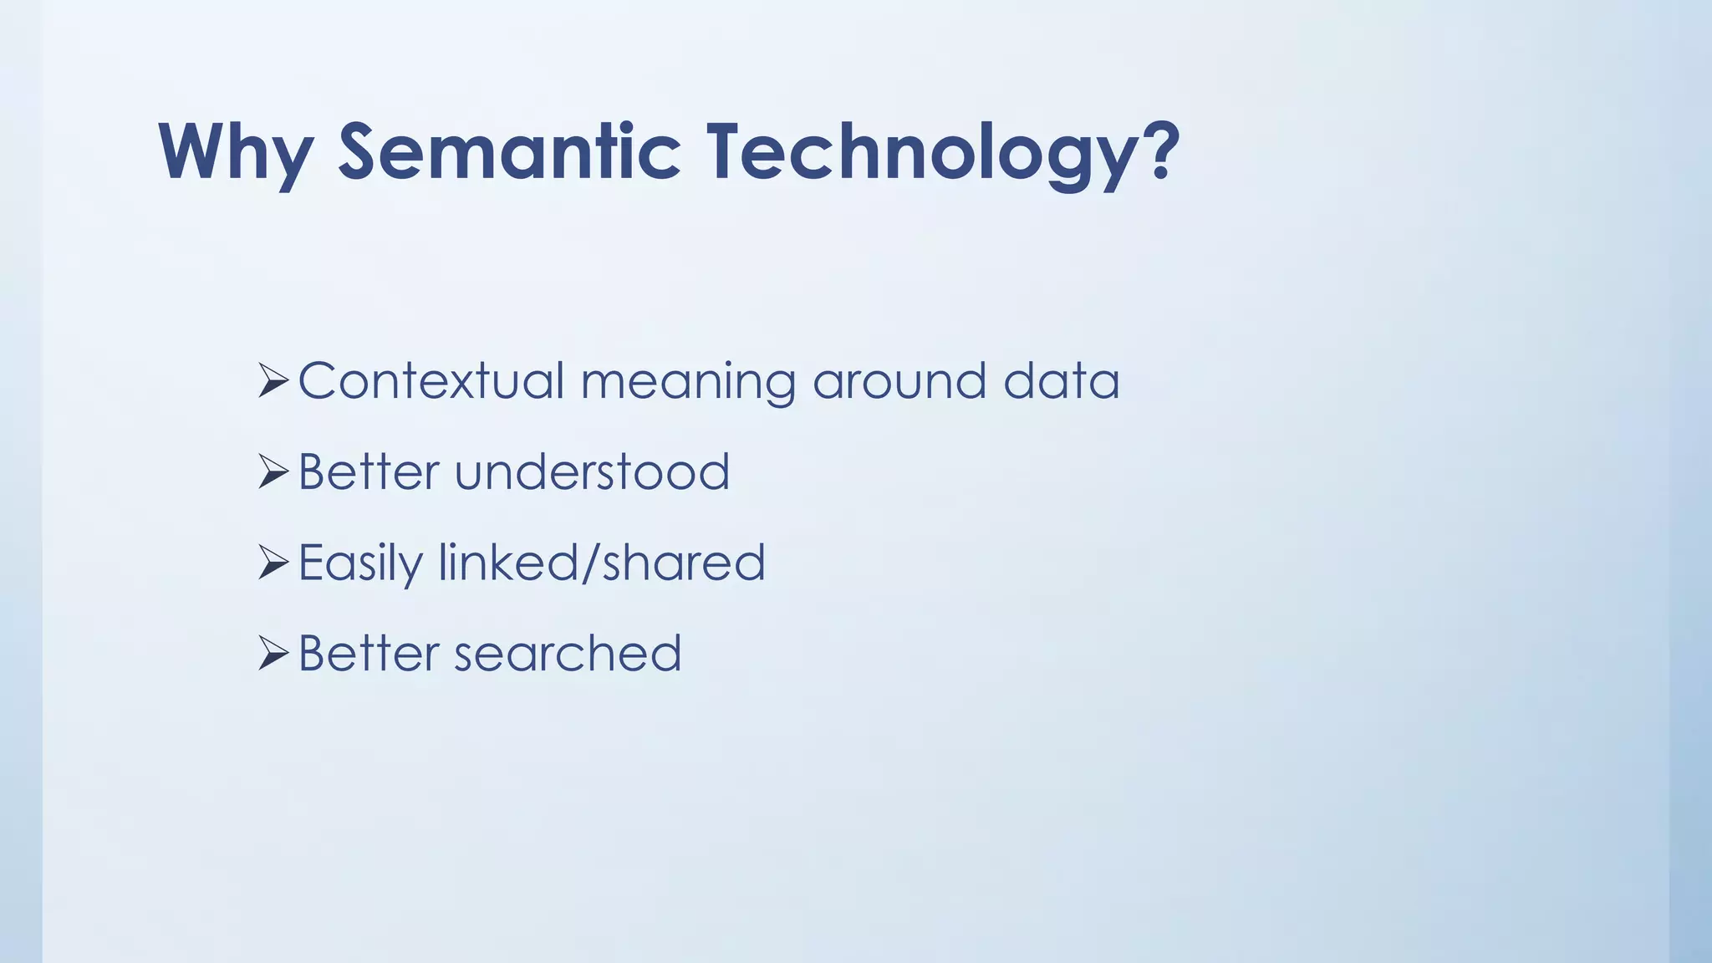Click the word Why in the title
[x=236, y=152]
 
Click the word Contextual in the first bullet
[x=431, y=381]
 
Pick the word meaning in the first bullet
[x=688, y=383]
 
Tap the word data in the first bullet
[x=1061, y=381]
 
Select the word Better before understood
[x=369, y=471]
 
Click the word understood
[x=592, y=471]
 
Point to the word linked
[x=508, y=562]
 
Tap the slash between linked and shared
[x=590, y=562]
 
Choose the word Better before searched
[x=369, y=653]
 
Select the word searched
[x=568, y=653]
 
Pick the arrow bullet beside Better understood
[x=273, y=471]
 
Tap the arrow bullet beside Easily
[x=273, y=562]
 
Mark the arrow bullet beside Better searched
[x=273, y=653]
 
